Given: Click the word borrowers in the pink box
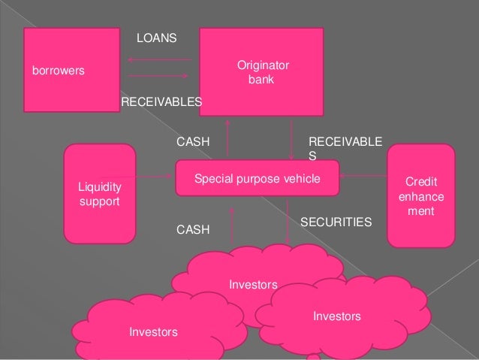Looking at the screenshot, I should pos(57,71).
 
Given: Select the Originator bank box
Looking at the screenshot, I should pos(261,71).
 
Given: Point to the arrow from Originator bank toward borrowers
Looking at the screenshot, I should pos(159,59).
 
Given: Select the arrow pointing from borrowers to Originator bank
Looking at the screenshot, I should pos(159,76).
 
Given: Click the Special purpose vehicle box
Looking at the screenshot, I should pos(258,179).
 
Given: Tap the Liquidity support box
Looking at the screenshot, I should pos(100,194).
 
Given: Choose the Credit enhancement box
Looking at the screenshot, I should pos(420,195).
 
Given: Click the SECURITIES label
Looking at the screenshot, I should pos(336,222).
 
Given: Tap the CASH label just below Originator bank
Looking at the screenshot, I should pos(192,141).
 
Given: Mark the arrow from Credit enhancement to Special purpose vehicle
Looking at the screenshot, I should pos(364,178).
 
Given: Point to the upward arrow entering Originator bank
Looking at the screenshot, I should pos(225,139).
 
